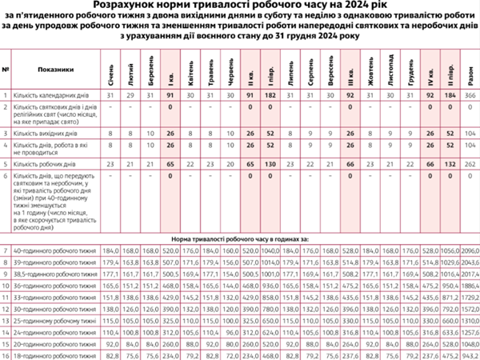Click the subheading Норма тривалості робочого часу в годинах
coord(239,239)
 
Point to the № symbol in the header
coord(6,69)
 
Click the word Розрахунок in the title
coord(135,5)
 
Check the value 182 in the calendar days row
coord(270,95)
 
